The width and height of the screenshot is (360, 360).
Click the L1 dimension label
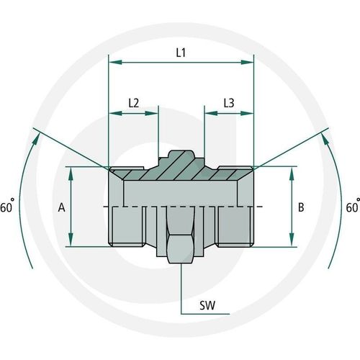click(181, 53)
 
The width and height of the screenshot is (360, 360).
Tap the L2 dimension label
click(134, 103)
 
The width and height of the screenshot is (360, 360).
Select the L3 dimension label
click(229, 103)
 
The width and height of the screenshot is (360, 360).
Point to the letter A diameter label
click(61, 207)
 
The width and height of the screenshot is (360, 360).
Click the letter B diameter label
click(301, 207)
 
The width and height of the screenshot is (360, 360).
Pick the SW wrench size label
click(207, 305)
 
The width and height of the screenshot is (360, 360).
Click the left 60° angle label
click(7, 206)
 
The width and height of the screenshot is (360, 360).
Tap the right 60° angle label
click(353, 206)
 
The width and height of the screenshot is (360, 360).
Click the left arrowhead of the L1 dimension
click(116, 63)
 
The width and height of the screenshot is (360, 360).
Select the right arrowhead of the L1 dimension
click(247, 63)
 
